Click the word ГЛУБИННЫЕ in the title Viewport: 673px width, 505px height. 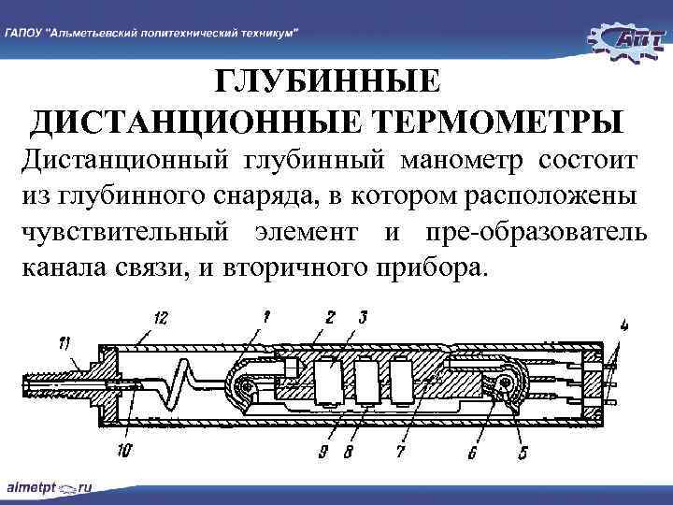point(326,82)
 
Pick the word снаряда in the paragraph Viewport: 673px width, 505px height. point(265,195)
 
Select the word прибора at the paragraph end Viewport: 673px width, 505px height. point(427,268)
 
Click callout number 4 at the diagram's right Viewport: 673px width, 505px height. point(623,325)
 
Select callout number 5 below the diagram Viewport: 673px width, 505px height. point(523,454)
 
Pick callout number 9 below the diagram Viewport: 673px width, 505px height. point(322,454)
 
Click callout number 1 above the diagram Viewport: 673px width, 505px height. point(266,318)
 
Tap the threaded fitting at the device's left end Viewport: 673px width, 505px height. point(56,382)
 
